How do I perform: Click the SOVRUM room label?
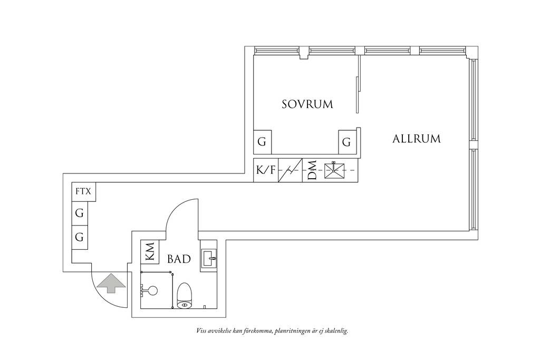tap(307, 104)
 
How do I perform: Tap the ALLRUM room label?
tap(417, 139)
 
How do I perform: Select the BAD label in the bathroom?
tap(179, 259)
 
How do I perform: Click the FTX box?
tap(84, 191)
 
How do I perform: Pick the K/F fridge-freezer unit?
tap(266, 170)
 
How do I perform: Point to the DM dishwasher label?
tap(312, 170)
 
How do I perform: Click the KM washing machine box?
tap(150, 251)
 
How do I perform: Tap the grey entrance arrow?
tap(111, 283)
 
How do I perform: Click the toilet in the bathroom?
tap(184, 295)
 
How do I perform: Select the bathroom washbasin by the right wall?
tap(209, 257)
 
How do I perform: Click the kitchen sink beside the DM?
tap(334, 170)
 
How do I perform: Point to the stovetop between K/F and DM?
tap(290, 170)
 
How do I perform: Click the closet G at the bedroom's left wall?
tap(262, 142)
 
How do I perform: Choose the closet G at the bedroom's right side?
tap(347, 142)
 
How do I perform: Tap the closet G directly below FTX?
tap(80, 213)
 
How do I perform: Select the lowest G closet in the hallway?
tap(80, 238)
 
